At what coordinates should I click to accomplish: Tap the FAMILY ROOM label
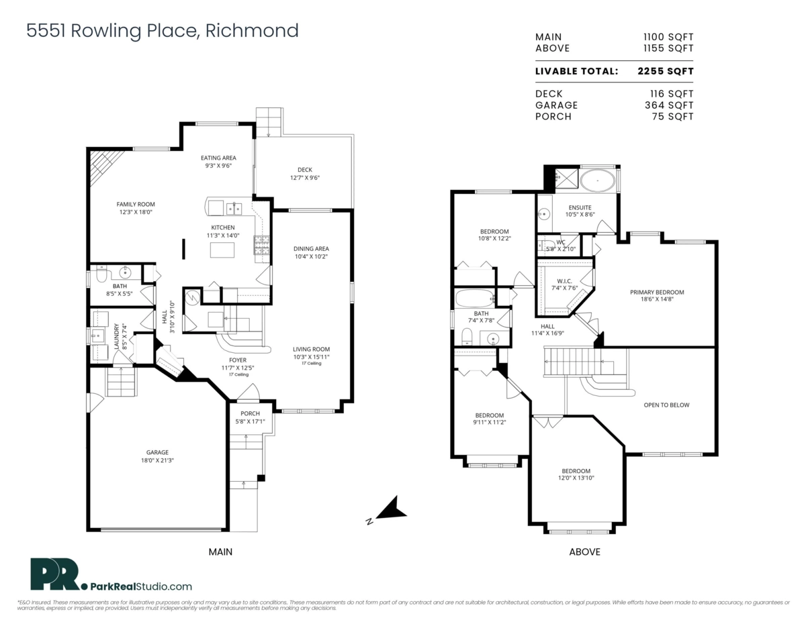(136, 204)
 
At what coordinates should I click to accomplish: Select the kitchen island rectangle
(224, 250)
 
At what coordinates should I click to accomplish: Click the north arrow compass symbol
(389, 510)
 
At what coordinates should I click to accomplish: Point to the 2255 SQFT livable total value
(664, 71)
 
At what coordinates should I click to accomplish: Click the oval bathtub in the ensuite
(597, 181)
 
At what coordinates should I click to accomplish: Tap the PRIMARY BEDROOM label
(656, 292)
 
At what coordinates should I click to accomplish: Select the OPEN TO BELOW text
(666, 405)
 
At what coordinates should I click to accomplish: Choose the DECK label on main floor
(304, 170)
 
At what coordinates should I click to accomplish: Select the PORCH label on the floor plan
(250, 413)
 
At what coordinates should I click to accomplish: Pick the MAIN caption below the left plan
(220, 552)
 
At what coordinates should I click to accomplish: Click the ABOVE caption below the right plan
(584, 552)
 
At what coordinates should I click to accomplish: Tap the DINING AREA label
(311, 248)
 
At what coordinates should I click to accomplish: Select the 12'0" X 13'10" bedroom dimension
(576, 478)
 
